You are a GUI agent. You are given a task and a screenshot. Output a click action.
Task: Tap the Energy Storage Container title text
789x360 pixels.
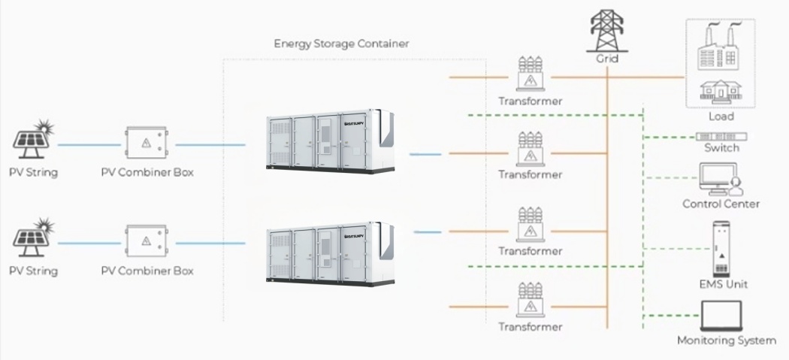coord(341,44)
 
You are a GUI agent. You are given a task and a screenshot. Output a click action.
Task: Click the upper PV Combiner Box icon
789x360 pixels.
coord(147,142)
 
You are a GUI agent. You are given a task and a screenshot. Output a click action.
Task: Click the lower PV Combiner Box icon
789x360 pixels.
coord(147,241)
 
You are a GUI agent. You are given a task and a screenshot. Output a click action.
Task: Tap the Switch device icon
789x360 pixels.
coord(721,136)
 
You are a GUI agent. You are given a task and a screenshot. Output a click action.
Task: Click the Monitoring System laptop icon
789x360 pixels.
coord(721,316)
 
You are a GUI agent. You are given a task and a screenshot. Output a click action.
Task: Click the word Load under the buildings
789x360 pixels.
coord(721,116)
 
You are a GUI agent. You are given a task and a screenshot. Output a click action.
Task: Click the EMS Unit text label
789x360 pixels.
coord(723,285)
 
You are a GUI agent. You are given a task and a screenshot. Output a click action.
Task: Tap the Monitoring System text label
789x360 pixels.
coord(726,340)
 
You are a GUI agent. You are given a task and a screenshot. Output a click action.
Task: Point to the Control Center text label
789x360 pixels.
coord(721,204)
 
